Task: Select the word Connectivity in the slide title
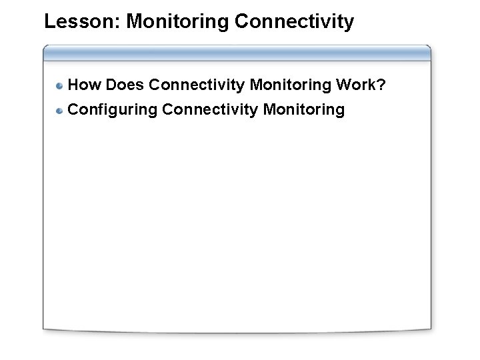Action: tap(294, 22)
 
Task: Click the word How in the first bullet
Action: tap(85, 85)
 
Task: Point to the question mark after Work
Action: tap(381, 85)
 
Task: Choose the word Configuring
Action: tap(113, 109)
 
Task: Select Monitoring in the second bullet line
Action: tap(304, 109)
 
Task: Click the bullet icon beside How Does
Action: tap(60, 86)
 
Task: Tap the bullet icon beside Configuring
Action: tap(60, 110)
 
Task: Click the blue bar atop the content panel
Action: tap(237, 53)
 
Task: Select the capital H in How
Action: tap(74, 85)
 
